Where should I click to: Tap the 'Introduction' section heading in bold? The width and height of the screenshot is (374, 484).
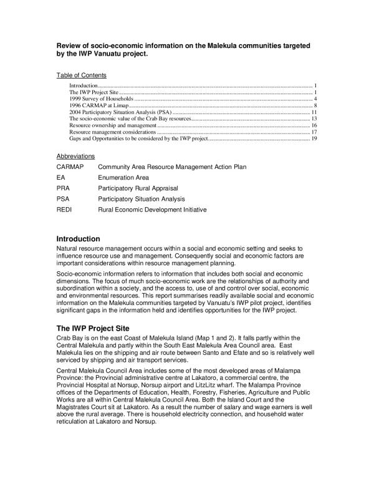(x=78, y=239)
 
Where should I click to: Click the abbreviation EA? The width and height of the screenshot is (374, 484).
(x=61, y=177)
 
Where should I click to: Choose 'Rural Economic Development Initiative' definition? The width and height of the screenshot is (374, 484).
(x=152, y=209)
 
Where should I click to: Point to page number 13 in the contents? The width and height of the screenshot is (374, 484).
(x=315, y=119)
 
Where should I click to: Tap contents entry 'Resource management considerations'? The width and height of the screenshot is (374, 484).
(x=112, y=132)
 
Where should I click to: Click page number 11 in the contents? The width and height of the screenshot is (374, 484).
(x=315, y=112)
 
